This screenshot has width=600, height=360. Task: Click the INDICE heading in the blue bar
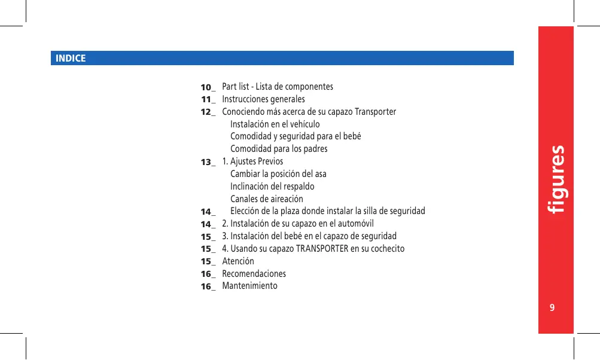(x=71, y=59)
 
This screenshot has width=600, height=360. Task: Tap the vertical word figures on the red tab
(x=557, y=179)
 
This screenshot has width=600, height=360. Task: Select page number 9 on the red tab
(x=552, y=308)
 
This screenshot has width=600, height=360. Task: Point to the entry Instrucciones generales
(x=263, y=99)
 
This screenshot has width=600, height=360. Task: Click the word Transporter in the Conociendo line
(x=375, y=112)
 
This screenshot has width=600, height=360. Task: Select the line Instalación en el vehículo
(x=275, y=124)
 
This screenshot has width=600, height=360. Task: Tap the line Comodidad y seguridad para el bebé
(x=296, y=136)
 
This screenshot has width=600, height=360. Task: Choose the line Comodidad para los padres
(x=279, y=149)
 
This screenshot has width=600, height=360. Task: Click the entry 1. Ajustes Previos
(x=252, y=161)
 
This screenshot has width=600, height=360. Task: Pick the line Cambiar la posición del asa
(x=278, y=174)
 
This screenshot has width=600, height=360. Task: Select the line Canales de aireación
(x=267, y=199)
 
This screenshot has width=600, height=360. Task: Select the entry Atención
(x=238, y=261)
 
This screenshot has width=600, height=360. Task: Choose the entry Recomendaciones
(x=254, y=274)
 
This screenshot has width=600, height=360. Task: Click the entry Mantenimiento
(x=249, y=286)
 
